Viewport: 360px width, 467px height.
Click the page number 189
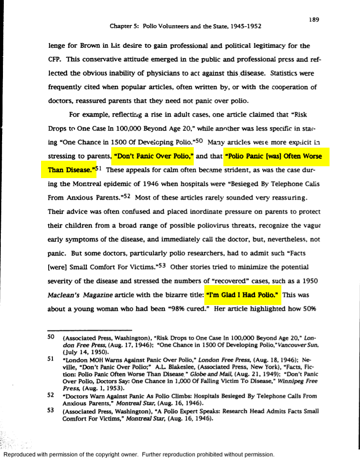[313, 19]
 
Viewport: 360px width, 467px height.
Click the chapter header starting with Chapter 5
[185, 26]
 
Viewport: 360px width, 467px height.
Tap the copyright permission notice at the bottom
[139, 455]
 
